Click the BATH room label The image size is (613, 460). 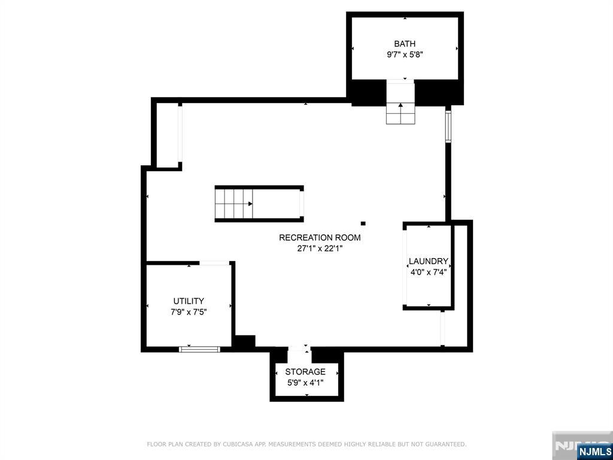tap(405, 44)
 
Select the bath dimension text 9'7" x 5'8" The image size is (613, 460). tap(405, 55)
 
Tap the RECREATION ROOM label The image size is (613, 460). tap(320, 238)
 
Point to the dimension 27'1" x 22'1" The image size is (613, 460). tap(320, 249)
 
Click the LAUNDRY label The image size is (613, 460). tap(428, 261)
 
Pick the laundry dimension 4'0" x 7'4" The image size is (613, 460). tap(428, 272)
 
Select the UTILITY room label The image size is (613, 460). tap(189, 301)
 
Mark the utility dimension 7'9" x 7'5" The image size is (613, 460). tap(189, 311)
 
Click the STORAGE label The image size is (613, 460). tap(305, 372)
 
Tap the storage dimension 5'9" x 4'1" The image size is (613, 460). tap(305, 383)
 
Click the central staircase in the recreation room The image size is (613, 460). tap(233, 204)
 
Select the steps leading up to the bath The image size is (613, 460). tap(400, 113)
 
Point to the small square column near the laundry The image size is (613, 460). tap(363, 223)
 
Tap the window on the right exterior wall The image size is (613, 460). tap(448, 125)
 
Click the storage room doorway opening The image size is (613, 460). tap(300, 349)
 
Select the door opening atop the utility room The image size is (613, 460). tap(214, 262)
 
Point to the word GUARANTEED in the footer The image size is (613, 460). tap(444, 444)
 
